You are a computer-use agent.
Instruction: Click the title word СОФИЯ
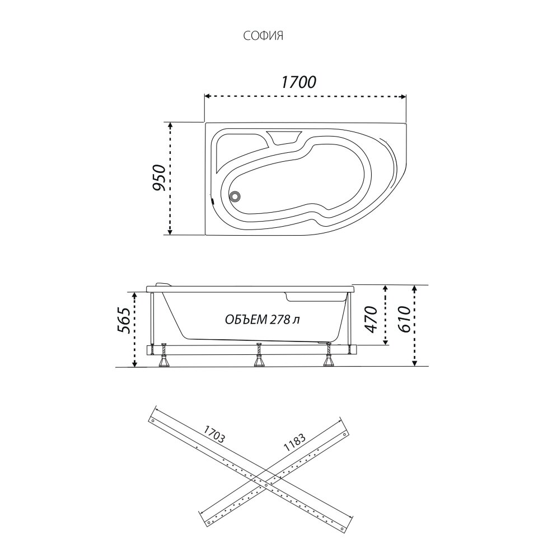tap(263, 36)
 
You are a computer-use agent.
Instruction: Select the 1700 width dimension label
tap(298, 82)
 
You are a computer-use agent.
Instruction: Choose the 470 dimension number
tap(371, 319)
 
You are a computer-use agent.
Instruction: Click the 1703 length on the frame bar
tap(214, 434)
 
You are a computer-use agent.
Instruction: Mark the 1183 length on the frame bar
tap(294, 443)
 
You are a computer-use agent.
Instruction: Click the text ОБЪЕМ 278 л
tap(262, 319)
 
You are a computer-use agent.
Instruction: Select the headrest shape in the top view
tap(284, 137)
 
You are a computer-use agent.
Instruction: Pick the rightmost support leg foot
tap(327, 362)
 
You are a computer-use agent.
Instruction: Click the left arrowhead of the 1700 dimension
tap(208, 97)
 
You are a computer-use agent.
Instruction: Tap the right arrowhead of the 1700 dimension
tap(403, 97)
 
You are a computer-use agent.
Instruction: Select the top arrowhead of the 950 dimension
tap(170, 125)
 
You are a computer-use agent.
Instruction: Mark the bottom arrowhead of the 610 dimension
tap(415, 362)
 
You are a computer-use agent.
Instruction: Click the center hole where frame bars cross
tap(265, 485)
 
